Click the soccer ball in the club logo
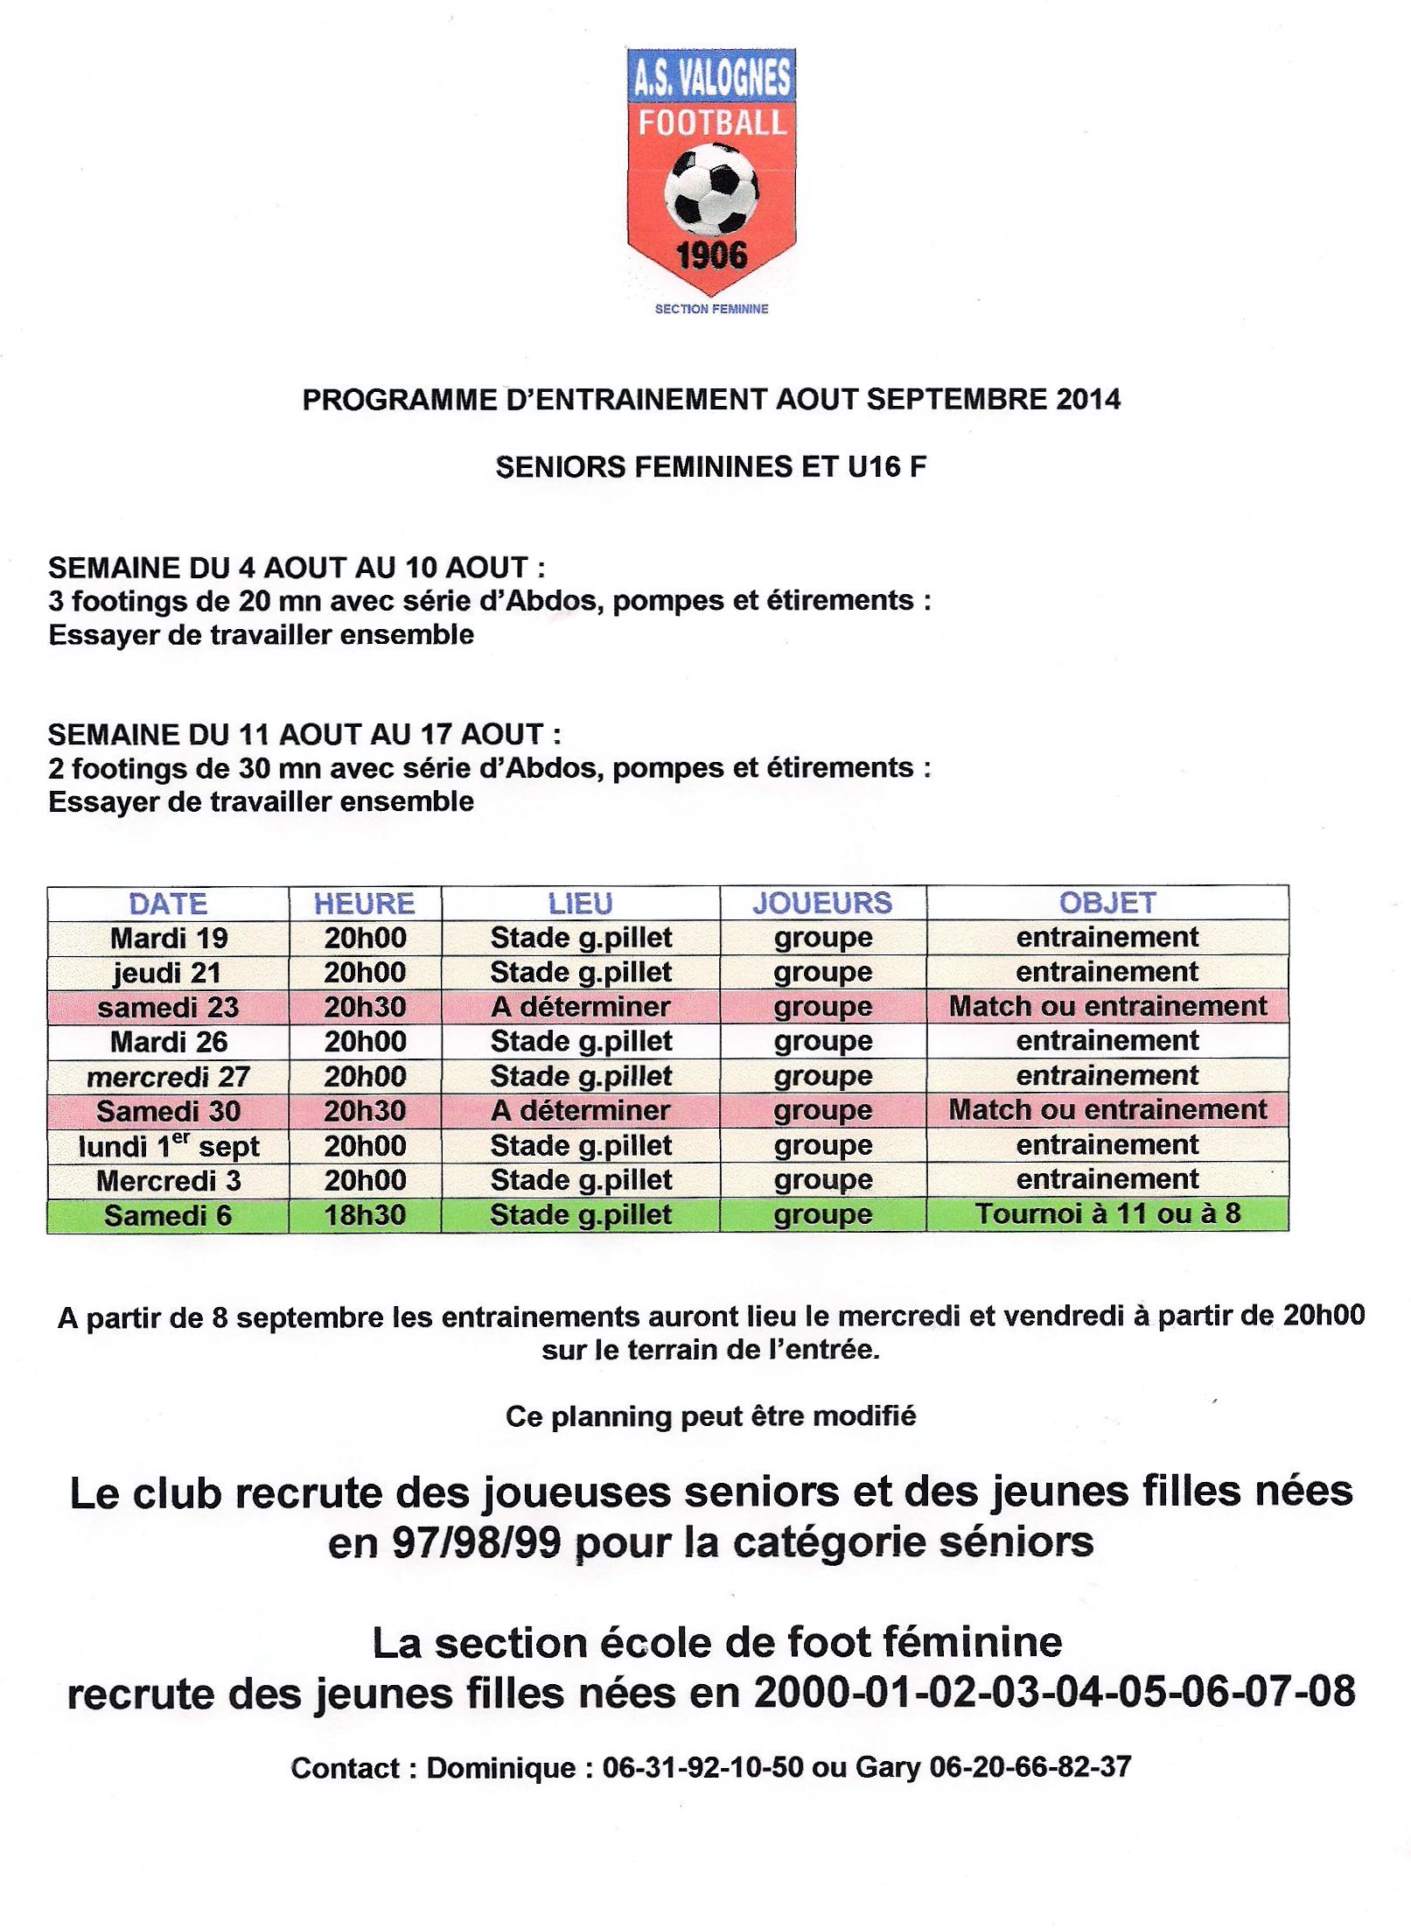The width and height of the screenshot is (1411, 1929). [x=710, y=192]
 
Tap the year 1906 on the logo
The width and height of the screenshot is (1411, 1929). [x=711, y=256]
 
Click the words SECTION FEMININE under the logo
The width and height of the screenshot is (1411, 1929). [x=711, y=309]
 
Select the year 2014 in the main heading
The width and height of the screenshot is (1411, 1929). [x=1087, y=400]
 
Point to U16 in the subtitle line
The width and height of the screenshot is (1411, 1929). [x=876, y=467]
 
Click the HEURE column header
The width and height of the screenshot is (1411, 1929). [x=364, y=904]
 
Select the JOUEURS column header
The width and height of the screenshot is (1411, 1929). [x=822, y=904]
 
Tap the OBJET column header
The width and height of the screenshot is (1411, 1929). [x=1107, y=904]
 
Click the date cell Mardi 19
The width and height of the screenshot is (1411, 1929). [x=169, y=939]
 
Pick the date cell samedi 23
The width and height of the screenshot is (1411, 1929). [x=168, y=1008]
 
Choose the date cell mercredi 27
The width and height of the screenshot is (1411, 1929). [x=168, y=1077]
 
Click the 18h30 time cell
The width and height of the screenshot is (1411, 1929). [x=365, y=1215]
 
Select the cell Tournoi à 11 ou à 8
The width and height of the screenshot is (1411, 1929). [x=1107, y=1214]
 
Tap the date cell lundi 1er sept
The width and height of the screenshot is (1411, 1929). [x=168, y=1146]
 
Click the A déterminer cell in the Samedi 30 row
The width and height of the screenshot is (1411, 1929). [x=581, y=1111]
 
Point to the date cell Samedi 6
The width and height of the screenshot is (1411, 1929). [x=168, y=1216]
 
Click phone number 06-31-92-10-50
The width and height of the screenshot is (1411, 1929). [x=702, y=1768]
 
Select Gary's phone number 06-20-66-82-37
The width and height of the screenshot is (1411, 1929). [x=1030, y=1768]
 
